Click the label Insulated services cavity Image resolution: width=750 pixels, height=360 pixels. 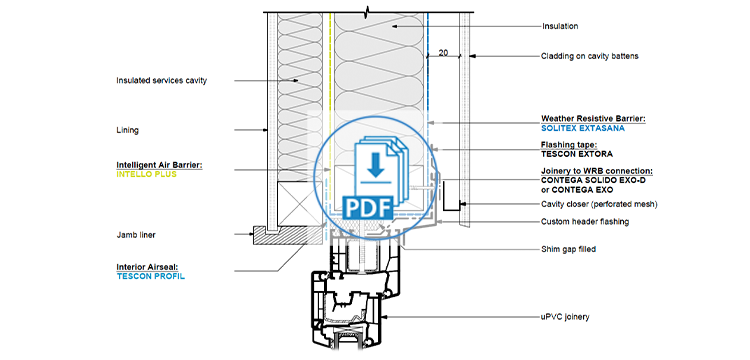(161, 81)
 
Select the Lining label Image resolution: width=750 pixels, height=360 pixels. (127, 130)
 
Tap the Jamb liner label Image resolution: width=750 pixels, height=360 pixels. (138, 235)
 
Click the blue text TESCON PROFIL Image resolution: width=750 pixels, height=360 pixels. (151, 276)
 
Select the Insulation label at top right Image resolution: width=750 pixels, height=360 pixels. (561, 27)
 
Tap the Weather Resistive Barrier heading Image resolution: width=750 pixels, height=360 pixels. (593, 119)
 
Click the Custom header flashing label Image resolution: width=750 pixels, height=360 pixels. (585, 221)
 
